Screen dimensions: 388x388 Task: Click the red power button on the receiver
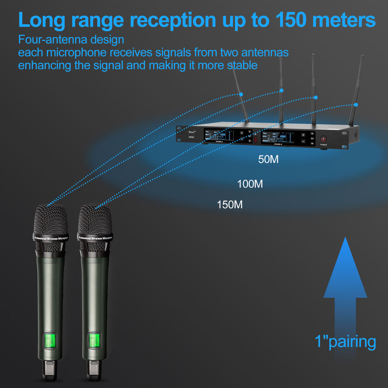point(324,139)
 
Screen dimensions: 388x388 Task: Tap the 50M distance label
point(268,160)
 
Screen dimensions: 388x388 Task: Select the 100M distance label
point(250,184)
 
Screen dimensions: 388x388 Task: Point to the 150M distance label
point(230,205)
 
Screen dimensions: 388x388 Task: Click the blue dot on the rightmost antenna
point(356,105)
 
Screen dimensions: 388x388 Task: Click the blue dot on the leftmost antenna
point(241,94)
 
